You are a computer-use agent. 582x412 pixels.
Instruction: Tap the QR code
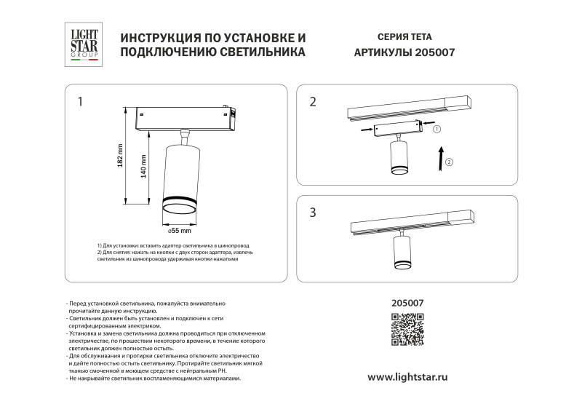click(407, 329)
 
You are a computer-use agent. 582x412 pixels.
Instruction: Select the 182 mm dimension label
click(121, 155)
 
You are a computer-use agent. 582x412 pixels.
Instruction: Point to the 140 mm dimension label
click(143, 170)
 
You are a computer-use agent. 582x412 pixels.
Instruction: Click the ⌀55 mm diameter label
click(179, 231)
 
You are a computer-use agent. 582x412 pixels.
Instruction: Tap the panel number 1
click(81, 101)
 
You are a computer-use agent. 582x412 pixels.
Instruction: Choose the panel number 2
click(313, 102)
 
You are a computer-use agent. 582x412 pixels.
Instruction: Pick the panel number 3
click(313, 213)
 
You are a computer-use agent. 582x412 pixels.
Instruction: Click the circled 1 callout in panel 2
click(436, 129)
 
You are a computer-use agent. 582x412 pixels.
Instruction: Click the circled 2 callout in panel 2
click(449, 162)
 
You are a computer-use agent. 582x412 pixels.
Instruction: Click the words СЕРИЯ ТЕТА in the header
click(404, 36)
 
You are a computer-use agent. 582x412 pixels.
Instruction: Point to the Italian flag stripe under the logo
click(84, 63)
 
